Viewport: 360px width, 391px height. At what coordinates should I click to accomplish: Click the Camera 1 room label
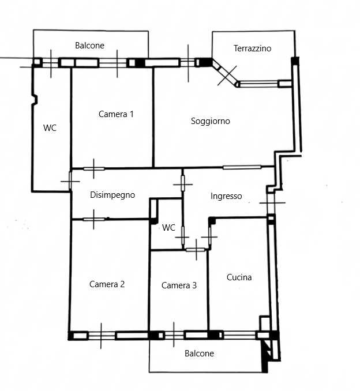click(116, 114)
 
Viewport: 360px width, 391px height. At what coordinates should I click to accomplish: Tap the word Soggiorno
click(211, 121)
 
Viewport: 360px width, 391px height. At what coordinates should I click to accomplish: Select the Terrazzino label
click(252, 48)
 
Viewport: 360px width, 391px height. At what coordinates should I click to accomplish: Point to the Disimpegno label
click(112, 195)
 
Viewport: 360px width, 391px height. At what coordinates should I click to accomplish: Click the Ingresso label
click(226, 196)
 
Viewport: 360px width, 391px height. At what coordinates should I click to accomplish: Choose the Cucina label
click(239, 277)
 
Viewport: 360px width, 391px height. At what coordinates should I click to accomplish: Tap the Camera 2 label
click(107, 284)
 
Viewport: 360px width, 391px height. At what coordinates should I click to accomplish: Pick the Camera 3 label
click(179, 285)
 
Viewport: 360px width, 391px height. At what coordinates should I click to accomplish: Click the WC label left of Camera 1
click(50, 128)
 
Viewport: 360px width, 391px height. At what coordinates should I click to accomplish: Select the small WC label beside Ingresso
click(168, 227)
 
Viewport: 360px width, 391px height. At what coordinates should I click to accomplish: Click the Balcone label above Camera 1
click(89, 46)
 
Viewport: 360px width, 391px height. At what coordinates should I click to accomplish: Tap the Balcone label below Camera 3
click(199, 354)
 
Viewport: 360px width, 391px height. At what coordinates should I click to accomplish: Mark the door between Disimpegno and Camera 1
click(94, 169)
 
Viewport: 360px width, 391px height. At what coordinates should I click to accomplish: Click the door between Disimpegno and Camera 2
click(94, 220)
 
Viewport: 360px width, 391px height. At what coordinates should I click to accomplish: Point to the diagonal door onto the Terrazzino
click(227, 75)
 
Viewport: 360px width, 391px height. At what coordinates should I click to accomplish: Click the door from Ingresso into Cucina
click(209, 236)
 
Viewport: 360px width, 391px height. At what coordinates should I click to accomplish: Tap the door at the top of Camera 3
click(196, 250)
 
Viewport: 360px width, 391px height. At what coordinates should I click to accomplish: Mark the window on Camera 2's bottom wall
click(102, 336)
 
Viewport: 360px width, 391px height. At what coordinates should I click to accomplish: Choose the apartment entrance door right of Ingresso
click(271, 203)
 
